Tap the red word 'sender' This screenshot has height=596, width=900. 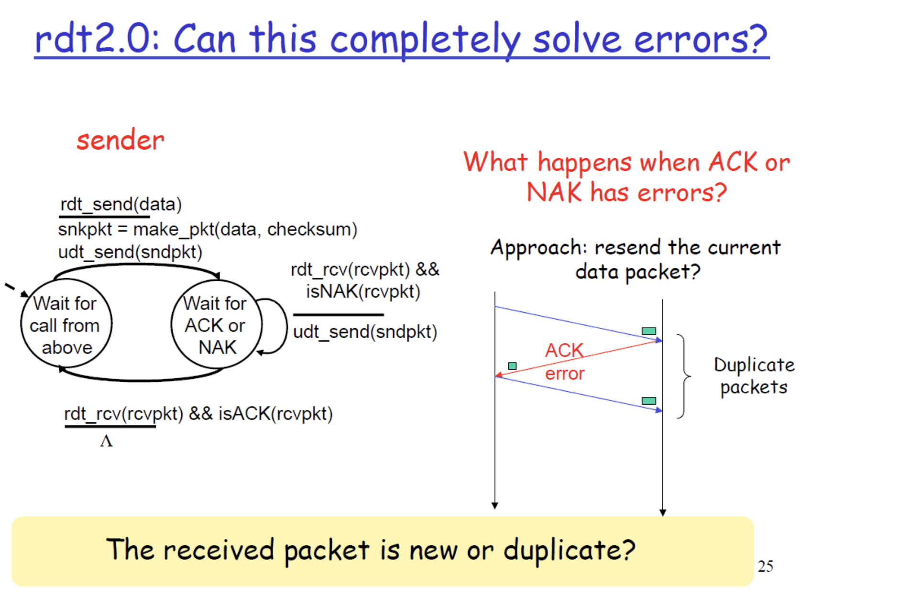[x=120, y=140]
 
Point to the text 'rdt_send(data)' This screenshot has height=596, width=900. [x=121, y=204]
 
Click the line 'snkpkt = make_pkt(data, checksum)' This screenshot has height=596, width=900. [x=208, y=230]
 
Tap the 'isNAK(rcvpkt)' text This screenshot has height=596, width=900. [x=363, y=291]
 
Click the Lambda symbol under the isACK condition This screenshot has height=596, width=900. [x=106, y=441]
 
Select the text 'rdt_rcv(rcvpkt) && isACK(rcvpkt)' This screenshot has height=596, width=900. [x=198, y=414]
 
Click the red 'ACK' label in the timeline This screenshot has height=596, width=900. [x=564, y=351]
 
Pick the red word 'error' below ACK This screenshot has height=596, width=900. [x=565, y=374]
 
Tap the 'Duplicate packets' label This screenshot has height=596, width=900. [x=754, y=376]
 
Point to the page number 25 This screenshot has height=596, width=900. [x=766, y=566]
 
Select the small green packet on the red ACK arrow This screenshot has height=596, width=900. [x=512, y=366]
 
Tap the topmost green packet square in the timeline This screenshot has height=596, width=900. [x=649, y=331]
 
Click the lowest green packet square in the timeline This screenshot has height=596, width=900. [x=649, y=401]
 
